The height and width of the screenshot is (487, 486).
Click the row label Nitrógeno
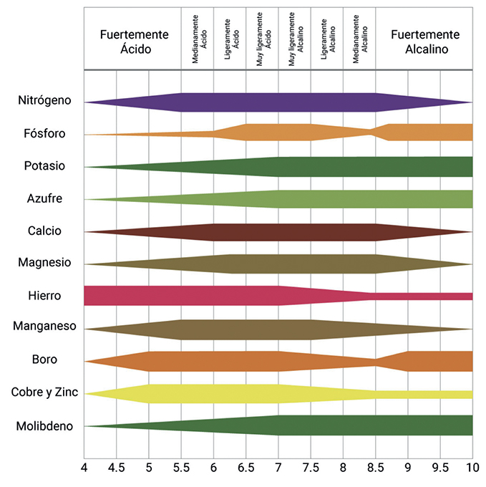click(x=44, y=100)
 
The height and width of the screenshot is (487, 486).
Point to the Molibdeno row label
click(x=44, y=426)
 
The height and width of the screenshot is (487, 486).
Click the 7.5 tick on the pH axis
click(x=311, y=468)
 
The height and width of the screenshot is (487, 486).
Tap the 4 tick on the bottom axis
click(x=84, y=468)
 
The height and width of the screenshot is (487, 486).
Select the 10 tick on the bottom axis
click(x=472, y=468)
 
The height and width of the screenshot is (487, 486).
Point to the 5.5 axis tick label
click(x=181, y=468)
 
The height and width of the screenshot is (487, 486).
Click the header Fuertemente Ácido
click(x=134, y=42)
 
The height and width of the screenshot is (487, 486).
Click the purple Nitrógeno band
click(x=278, y=102)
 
